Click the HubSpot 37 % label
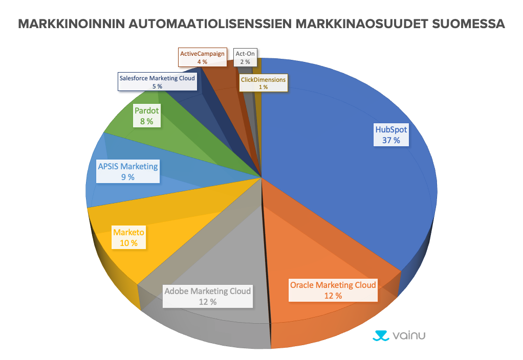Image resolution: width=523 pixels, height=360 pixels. click(x=391, y=135)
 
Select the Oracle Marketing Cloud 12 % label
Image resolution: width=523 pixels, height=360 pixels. click(x=333, y=290)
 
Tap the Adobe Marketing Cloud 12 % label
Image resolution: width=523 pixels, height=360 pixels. click(x=208, y=297)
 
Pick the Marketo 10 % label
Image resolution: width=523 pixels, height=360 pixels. click(x=128, y=238)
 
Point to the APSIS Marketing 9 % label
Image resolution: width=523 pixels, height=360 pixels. click(x=127, y=171)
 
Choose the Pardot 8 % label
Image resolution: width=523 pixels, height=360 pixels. click(x=146, y=116)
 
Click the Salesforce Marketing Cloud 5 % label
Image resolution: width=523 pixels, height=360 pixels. click(x=157, y=82)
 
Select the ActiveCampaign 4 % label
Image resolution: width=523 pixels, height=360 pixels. click(x=202, y=57)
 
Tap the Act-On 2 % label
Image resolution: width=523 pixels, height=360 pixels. click(x=245, y=57)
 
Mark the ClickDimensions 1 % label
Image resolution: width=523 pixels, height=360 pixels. click(x=263, y=83)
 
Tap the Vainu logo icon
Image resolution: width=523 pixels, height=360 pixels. click(x=380, y=335)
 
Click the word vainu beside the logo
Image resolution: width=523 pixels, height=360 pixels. click(x=409, y=335)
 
